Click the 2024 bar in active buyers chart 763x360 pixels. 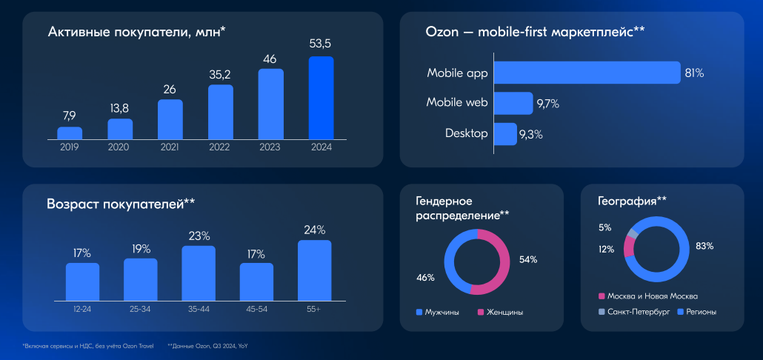coord(321,98)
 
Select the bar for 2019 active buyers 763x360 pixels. coord(70,133)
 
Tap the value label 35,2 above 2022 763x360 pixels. coord(221,74)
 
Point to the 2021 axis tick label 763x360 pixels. coord(170,147)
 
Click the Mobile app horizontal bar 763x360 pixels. coord(587,73)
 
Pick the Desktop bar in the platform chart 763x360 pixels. coord(505,134)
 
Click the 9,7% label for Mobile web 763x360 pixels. coord(547,104)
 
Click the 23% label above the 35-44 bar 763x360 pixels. coord(199,236)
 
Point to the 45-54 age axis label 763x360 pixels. coord(256,307)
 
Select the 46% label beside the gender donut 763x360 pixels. coord(425,277)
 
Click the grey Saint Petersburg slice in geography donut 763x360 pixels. coord(632,233)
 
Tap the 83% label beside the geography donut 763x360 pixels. coord(704,246)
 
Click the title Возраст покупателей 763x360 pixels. coord(121,204)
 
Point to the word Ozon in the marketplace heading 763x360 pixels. coord(441,32)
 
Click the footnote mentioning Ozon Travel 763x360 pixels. coord(87,346)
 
